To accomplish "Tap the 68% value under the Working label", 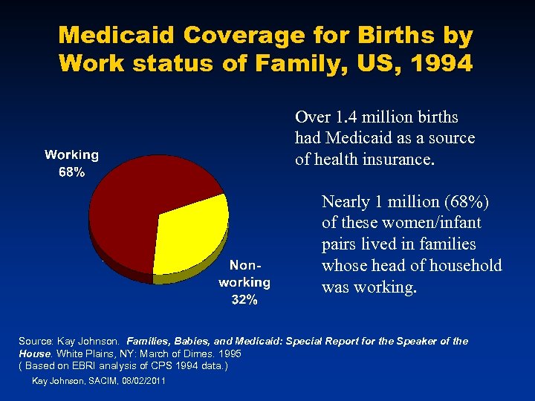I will [x=71, y=172].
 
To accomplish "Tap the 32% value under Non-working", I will [x=244, y=300].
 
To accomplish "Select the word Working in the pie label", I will [x=71, y=155].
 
